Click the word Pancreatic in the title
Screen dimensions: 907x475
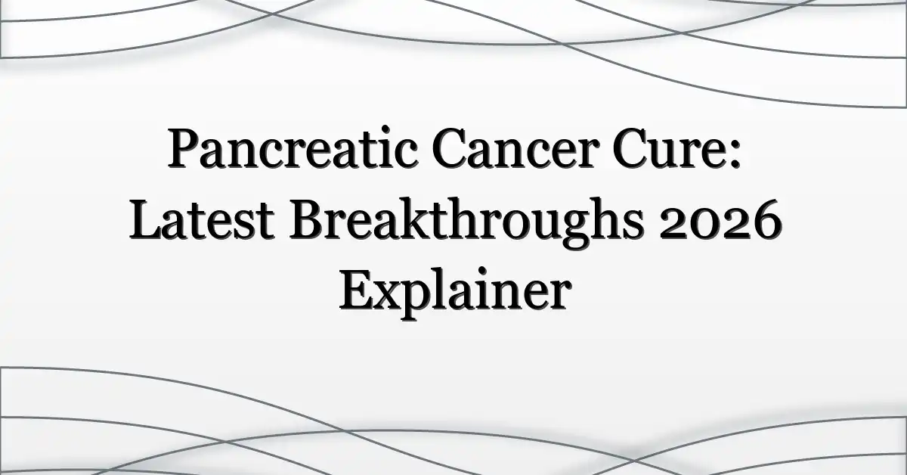click(293, 148)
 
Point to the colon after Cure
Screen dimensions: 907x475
click(735, 154)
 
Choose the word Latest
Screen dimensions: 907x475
click(202, 219)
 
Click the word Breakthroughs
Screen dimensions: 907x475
click(466, 222)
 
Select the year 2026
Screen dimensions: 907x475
click(720, 221)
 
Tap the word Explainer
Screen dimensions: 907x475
click(455, 293)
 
